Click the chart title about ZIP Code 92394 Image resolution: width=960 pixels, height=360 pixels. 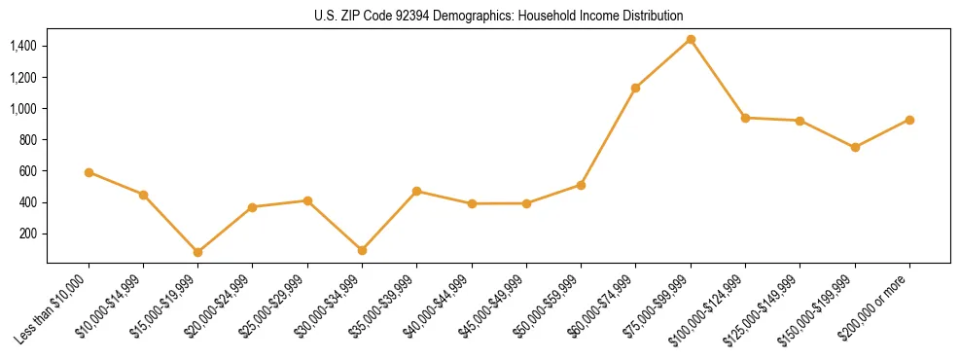(498, 16)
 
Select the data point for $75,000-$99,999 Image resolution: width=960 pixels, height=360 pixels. (691, 39)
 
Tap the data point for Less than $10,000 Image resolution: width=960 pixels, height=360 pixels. (89, 172)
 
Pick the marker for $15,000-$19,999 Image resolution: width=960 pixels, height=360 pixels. (197, 252)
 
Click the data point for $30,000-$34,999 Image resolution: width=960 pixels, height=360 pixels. (362, 250)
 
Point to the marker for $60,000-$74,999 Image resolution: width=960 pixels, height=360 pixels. (635, 88)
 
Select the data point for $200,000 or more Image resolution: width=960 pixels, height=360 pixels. (909, 120)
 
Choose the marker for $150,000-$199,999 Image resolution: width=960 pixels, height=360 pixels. (855, 147)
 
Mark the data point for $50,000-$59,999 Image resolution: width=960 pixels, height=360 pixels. (581, 185)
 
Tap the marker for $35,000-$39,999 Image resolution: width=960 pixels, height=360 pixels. (416, 191)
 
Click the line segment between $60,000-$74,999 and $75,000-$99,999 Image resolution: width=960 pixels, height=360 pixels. (663, 63)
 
